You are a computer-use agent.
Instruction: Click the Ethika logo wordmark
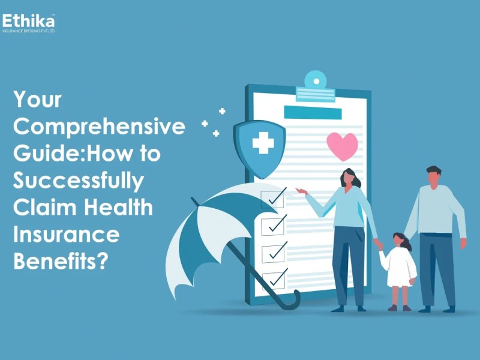28,21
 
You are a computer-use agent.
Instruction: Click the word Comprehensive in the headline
99,127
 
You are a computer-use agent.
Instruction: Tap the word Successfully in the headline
79,181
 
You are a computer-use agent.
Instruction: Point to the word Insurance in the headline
67,234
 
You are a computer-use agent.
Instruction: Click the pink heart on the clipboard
342,146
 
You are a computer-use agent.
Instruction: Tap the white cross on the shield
263,143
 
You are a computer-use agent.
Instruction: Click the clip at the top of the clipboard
316,86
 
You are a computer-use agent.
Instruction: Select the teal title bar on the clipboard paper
313,112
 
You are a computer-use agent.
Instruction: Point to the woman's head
350,178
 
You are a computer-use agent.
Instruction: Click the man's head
434,176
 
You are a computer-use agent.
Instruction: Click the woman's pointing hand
302,191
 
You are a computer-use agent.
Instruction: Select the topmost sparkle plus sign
222,111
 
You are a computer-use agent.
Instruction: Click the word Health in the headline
118,207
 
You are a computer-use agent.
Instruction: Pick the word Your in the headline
37,100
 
